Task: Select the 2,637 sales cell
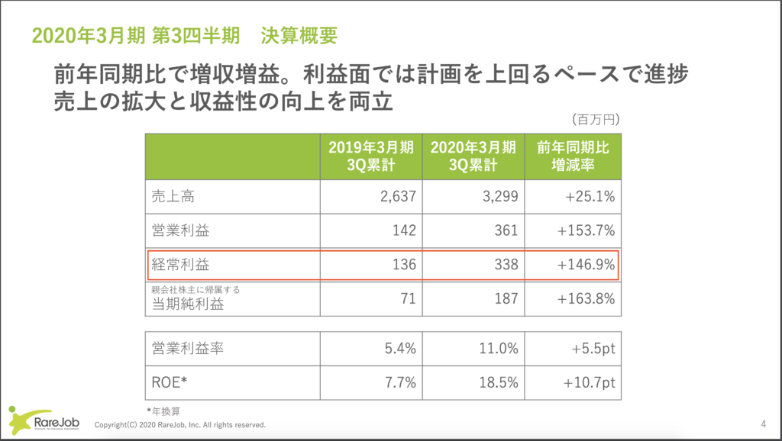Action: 397,197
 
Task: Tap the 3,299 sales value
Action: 500,197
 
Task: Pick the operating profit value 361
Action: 506,230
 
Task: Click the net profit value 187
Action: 506,299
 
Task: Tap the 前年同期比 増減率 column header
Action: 573,156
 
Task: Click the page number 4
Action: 764,424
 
